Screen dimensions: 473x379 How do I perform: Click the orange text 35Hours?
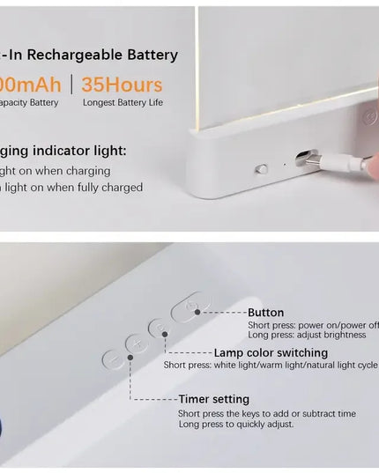[122, 85]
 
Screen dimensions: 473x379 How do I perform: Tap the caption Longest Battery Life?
[123, 103]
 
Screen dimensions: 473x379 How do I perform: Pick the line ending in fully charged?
[71, 187]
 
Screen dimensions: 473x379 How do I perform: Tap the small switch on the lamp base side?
[261, 168]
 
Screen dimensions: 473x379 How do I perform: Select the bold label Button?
[265, 313]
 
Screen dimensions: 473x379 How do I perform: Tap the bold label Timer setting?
[213, 399]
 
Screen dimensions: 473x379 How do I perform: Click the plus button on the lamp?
[136, 344]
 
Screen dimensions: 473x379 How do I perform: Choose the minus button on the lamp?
[113, 359]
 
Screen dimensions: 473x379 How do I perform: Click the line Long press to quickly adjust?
[237, 425]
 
